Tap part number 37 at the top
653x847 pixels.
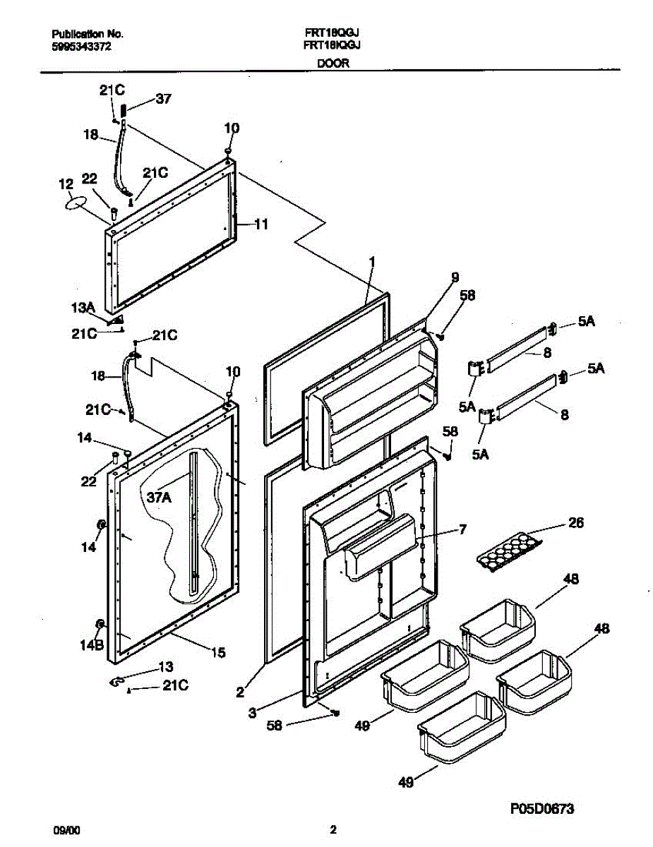[x=163, y=100]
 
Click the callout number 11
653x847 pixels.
[x=260, y=225]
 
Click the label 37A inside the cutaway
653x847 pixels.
[x=159, y=497]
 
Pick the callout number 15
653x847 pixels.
[x=218, y=653]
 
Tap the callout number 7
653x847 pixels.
[x=462, y=529]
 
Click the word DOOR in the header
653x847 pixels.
[x=333, y=63]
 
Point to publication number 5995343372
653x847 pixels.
[x=82, y=47]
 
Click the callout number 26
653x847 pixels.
[x=576, y=523]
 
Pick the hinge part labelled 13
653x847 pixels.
[x=117, y=680]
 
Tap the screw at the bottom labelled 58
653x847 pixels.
[x=335, y=713]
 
